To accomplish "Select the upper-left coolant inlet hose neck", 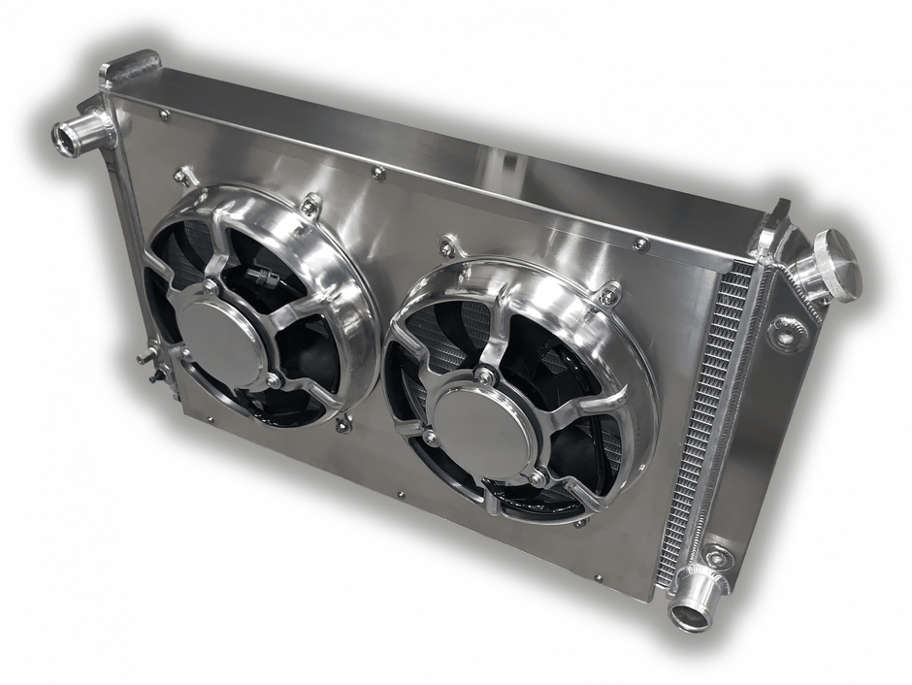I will (81, 133).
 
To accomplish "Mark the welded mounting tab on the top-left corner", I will (129, 70).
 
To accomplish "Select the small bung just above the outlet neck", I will (718, 557).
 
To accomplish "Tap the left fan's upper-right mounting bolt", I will (310, 206).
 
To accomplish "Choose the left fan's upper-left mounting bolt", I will (181, 177).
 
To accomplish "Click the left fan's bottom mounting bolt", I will (342, 423).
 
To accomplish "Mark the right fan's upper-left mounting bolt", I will (447, 248).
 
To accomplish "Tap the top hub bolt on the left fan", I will (211, 287).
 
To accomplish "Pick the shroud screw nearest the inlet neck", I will (164, 115).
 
